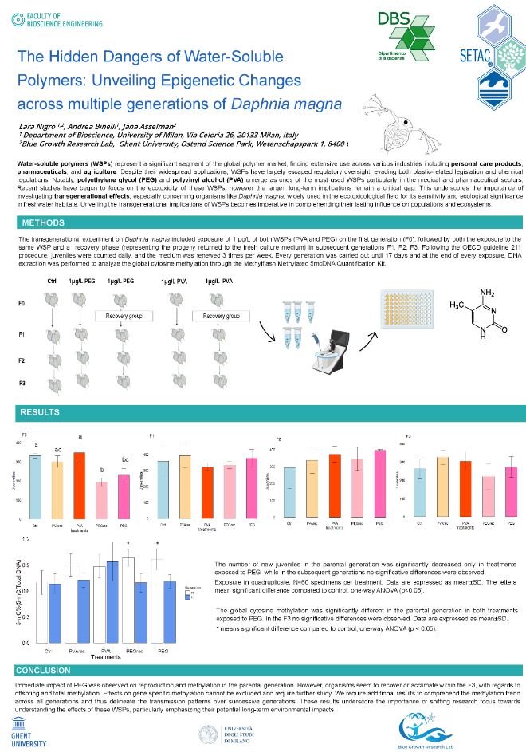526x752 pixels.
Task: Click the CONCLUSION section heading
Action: pos(43,671)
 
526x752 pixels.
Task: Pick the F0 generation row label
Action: pos(22,305)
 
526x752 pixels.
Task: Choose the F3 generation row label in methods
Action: pos(22,384)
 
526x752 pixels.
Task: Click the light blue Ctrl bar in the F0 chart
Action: pos(35,486)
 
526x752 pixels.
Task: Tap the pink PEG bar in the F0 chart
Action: pos(124,497)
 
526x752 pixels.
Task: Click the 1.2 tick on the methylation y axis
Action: pos(26,540)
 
